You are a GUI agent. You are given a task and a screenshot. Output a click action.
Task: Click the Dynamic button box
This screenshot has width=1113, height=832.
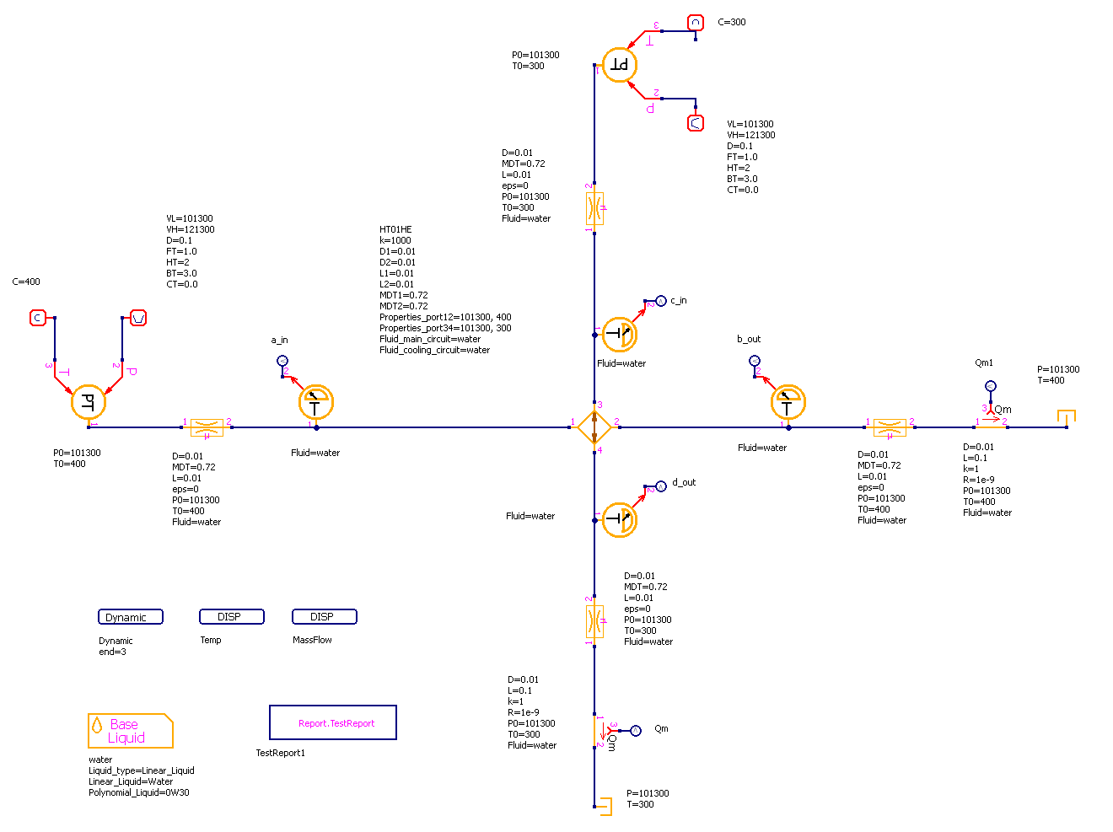[130, 617]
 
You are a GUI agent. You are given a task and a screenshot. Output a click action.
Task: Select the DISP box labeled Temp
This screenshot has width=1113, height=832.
[231, 617]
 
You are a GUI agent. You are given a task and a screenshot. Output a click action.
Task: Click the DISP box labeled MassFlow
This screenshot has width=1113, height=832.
[324, 617]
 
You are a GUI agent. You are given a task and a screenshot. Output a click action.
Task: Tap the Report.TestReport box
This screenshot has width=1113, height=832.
[332, 722]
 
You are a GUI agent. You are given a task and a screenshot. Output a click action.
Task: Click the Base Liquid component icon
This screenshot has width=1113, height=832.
[130, 731]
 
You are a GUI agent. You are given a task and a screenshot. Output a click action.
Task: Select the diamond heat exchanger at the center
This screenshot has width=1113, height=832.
[594, 427]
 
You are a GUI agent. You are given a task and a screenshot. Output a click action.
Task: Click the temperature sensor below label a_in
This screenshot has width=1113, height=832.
[316, 403]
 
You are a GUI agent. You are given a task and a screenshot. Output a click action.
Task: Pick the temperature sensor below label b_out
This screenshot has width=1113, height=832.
[788, 403]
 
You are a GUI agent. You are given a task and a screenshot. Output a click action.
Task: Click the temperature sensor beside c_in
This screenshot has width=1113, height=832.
[620, 335]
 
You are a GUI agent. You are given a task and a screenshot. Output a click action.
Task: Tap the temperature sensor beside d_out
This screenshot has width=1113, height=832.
[620, 519]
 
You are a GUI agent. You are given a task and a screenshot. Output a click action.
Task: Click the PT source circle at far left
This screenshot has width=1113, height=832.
[89, 402]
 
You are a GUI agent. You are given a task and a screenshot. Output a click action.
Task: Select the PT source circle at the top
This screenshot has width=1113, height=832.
[620, 65]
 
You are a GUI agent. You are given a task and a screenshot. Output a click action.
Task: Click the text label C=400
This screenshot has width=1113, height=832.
[26, 282]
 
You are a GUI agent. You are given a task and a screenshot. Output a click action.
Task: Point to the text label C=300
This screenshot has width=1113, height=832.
[732, 23]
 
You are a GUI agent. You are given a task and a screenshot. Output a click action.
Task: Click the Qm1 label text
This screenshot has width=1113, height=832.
[984, 363]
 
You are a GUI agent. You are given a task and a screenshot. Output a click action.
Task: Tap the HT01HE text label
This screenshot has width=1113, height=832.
[395, 229]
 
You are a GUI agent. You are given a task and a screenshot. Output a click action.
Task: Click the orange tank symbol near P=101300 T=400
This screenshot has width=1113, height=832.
[1067, 417]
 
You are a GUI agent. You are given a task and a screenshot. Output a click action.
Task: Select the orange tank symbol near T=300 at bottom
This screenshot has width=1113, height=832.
[602, 806]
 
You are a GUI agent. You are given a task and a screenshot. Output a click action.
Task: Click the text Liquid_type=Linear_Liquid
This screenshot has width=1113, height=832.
[142, 770]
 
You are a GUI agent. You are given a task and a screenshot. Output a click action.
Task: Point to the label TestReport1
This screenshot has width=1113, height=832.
[280, 753]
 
